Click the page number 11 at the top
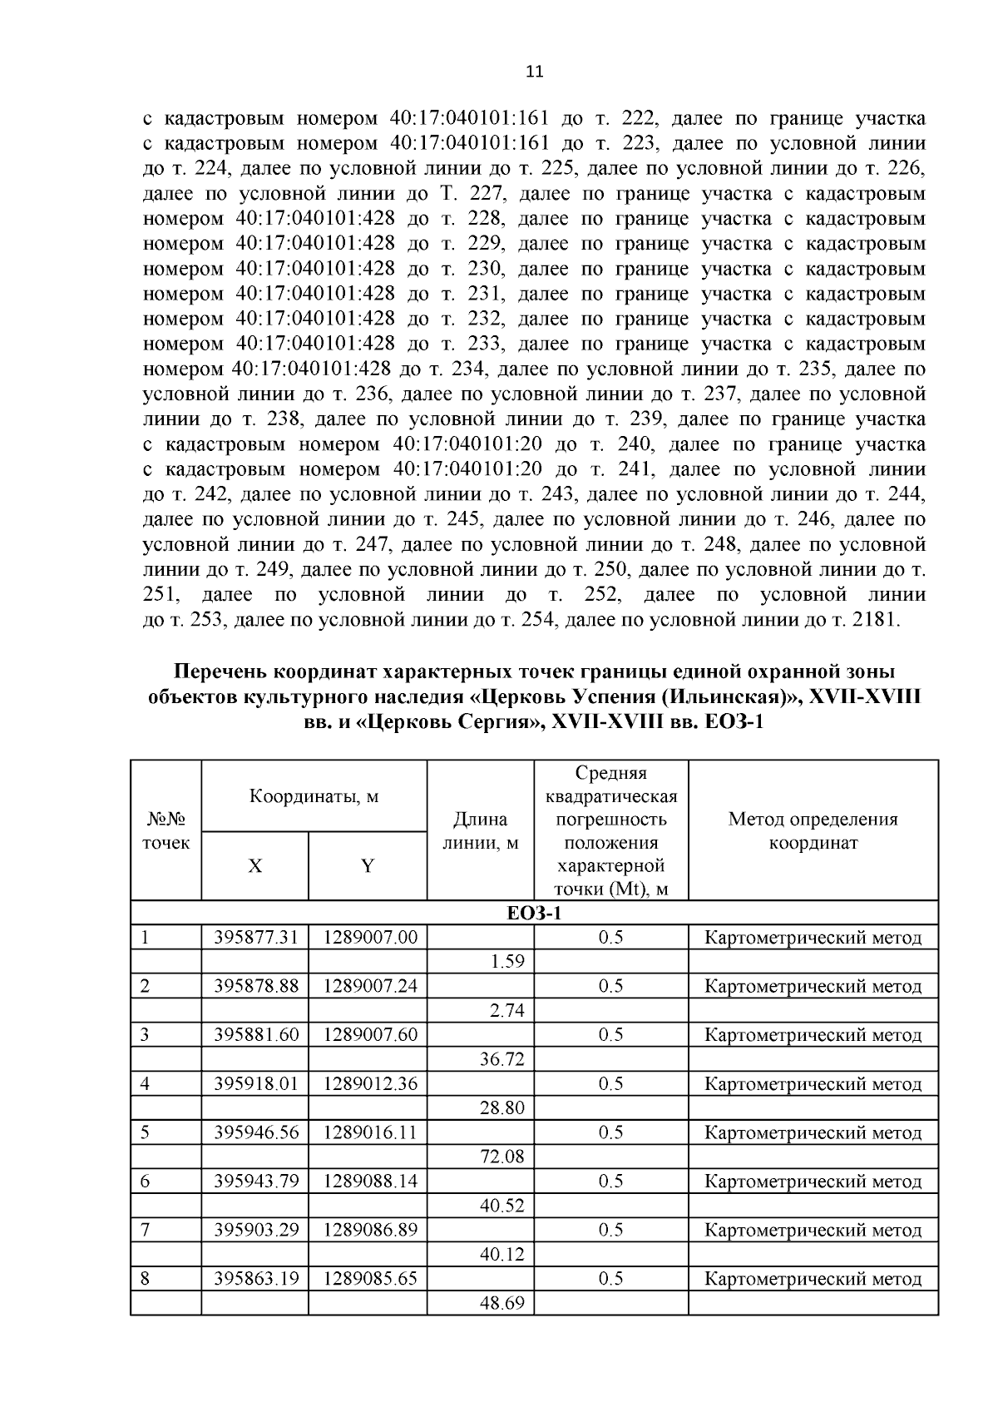pyautogui.click(x=535, y=72)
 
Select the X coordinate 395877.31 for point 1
pyautogui.click(x=255, y=938)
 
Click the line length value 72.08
pyautogui.click(x=501, y=1157)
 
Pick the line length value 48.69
pyautogui.click(x=501, y=1303)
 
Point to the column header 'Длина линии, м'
pyautogui.click(x=480, y=831)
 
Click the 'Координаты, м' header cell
pyautogui.click(x=314, y=796)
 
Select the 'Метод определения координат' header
pyautogui.click(x=813, y=830)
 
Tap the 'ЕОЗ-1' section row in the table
pyautogui.click(x=535, y=914)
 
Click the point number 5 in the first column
pyautogui.click(x=146, y=1132)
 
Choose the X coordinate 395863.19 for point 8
pyautogui.click(x=255, y=1279)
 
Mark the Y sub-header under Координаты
pyautogui.click(x=367, y=866)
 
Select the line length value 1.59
pyautogui.click(x=506, y=962)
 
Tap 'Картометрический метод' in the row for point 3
pyautogui.click(x=813, y=1035)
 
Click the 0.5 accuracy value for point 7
pyautogui.click(x=610, y=1230)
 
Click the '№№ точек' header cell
pyautogui.click(x=166, y=830)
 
